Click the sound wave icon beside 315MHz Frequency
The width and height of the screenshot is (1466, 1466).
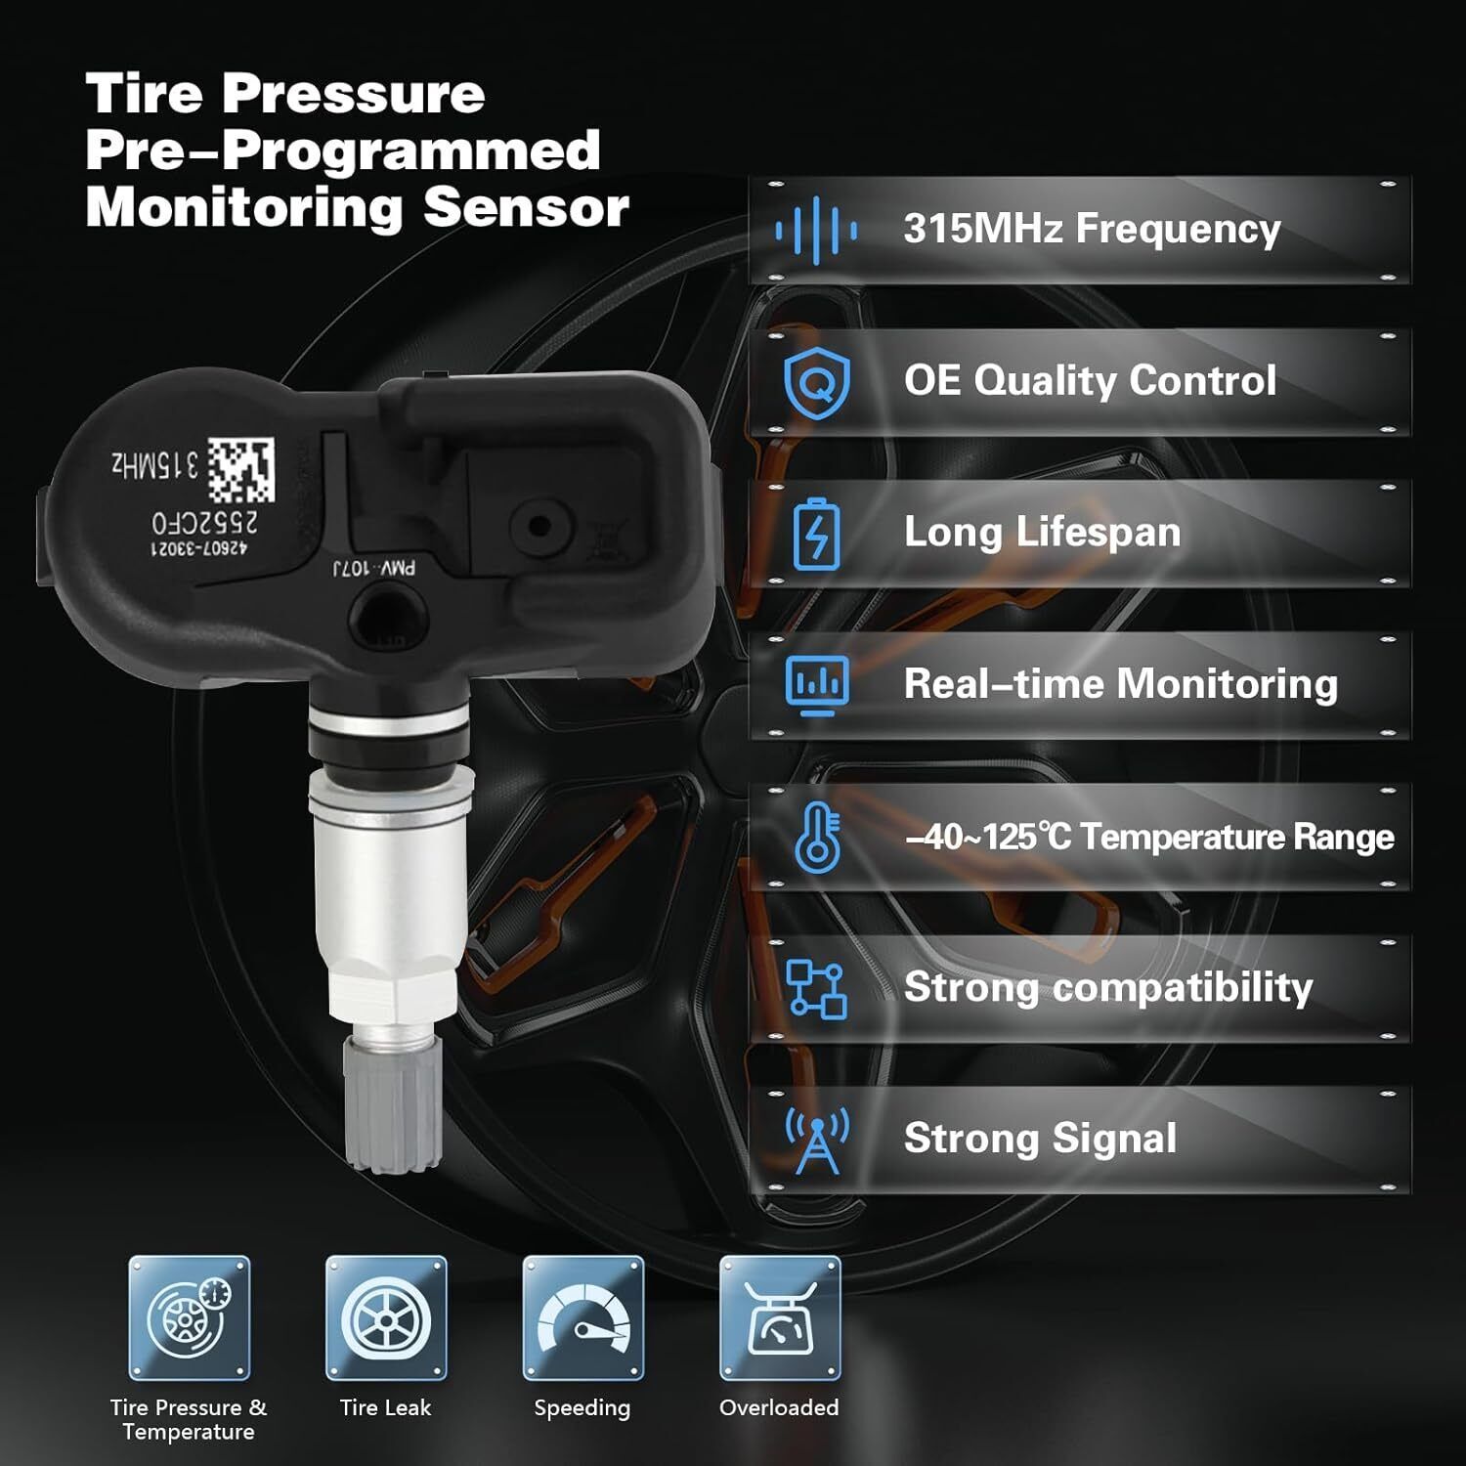(816, 231)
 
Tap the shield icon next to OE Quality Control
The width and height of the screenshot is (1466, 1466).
(816, 381)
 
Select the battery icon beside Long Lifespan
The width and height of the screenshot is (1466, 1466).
(816, 534)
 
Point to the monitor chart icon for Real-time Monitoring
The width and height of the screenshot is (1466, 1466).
(817, 684)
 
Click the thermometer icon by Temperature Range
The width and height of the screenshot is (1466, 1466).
(818, 838)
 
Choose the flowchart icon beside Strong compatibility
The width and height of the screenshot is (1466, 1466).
(816, 988)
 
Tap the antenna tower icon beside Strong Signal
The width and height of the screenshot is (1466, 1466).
(817, 1140)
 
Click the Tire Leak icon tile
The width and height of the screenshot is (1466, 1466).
(386, 1318)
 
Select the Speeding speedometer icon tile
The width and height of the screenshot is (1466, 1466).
(583, 1318)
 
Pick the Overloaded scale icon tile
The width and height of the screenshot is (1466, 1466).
(780, 1318)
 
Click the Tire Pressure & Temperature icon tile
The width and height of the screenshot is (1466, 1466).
(190, 1318)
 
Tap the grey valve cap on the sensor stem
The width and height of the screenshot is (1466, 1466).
(393, 1103)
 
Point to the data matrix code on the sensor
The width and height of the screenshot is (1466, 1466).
(240, 470)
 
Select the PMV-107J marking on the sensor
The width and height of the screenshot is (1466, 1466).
(374, 568)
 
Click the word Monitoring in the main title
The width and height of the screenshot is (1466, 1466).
(244, 209)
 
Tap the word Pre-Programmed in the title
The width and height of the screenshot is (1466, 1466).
(343, 151)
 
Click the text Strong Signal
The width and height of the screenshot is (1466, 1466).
(1040, 1140)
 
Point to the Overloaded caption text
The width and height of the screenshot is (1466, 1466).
(779, 1408)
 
